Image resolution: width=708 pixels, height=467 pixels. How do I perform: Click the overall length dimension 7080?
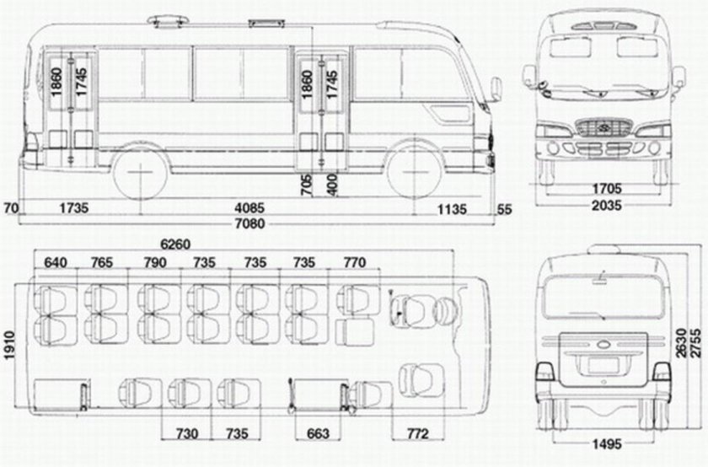[252, 223]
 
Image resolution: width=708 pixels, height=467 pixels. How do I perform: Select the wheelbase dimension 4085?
[252, 207]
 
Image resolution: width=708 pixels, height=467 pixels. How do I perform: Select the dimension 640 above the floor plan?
[55, 263]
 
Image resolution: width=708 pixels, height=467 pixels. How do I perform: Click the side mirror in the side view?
[496, 88]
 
